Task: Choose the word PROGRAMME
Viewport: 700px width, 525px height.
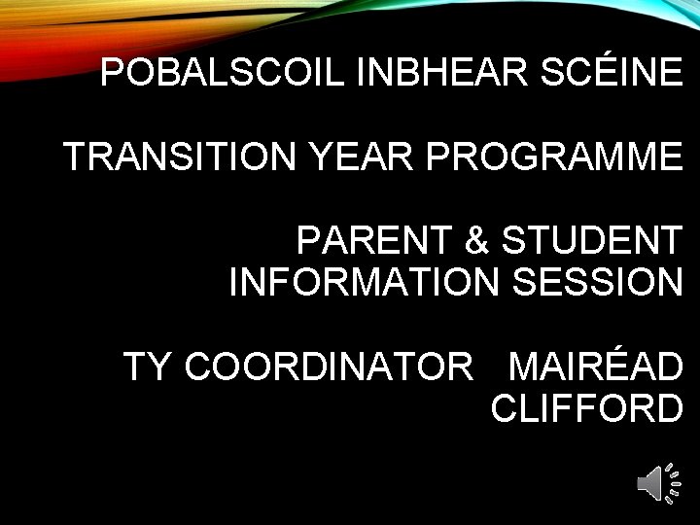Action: click(x=554, y=157)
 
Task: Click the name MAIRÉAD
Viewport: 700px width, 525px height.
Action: click(x=595, y=367)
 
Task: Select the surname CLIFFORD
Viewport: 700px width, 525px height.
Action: click(x=586, y=408)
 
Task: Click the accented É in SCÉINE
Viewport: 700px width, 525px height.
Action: click(x=601, y=72)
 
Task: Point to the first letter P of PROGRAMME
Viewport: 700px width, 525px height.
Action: click(x=436, y=157)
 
